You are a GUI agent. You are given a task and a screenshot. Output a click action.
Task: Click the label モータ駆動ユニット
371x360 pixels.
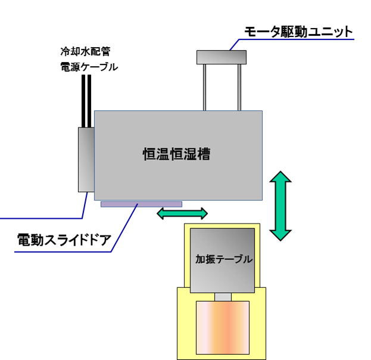click(298, 32)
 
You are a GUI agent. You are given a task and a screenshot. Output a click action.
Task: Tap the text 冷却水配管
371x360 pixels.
click(85, 52)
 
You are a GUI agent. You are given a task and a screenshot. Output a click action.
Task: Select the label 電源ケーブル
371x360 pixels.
click(89, 67)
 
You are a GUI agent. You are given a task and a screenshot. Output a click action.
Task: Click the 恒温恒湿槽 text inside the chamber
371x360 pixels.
click(177, 154)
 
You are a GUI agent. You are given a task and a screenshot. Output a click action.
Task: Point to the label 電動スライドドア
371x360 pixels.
click(64, 240)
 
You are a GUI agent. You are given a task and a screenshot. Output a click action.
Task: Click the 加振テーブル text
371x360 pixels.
click(224, 260)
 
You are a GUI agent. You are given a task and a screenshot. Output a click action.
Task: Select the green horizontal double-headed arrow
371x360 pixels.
click(182, 213)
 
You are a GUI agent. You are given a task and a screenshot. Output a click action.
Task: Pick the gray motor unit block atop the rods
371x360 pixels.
click(222, 57)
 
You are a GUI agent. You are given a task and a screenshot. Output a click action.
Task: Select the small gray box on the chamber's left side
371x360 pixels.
click(86, 159)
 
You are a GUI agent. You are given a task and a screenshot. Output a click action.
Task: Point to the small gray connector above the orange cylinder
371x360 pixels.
click(223, 297)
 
